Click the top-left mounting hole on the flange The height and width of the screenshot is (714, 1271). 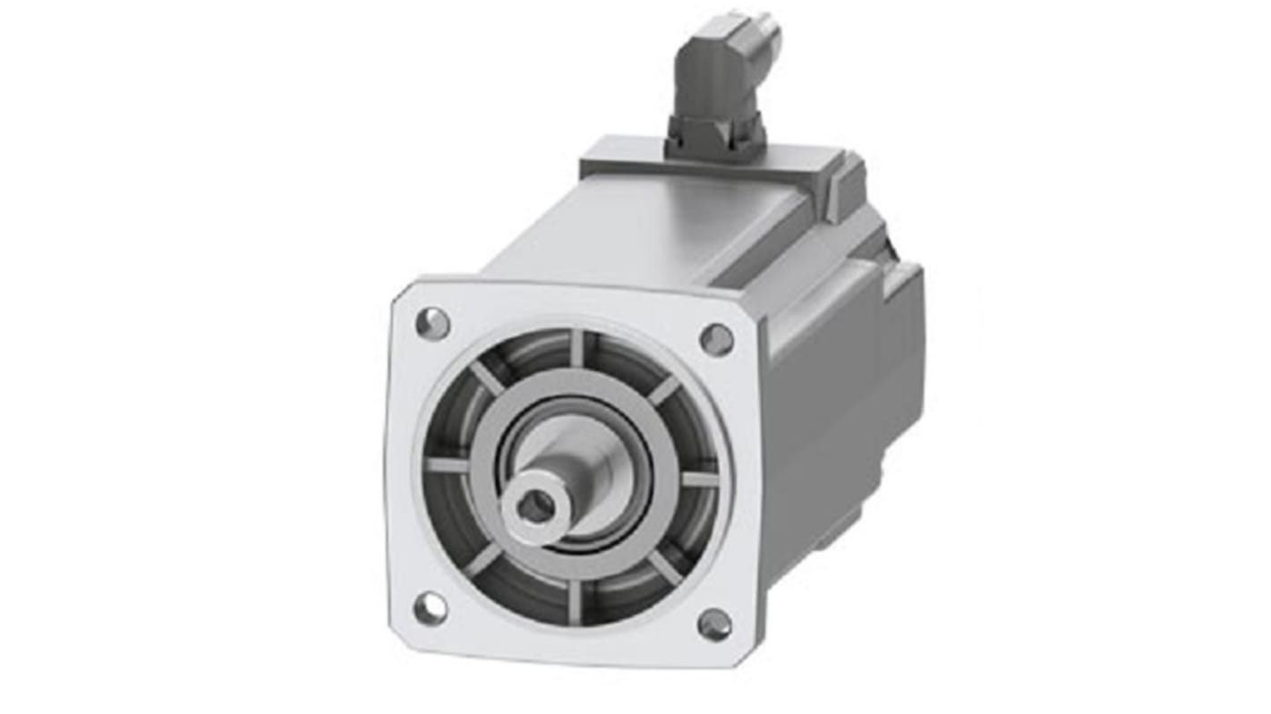[432, 323]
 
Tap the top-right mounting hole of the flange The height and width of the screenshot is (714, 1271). [716, 339]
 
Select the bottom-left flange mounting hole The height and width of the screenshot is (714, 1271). [431, 608]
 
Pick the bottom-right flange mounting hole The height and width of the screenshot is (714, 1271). [714, 625]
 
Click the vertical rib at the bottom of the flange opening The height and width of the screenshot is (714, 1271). [574, 601]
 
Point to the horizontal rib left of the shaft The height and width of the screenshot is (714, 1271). [447, 465]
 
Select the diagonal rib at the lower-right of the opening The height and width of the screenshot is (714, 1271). [664, 566]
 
